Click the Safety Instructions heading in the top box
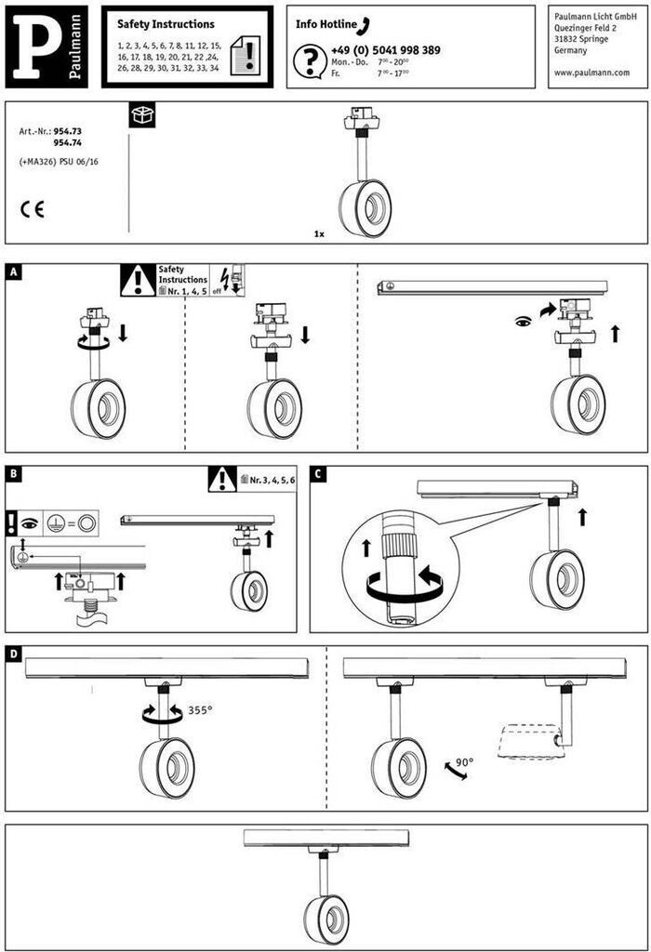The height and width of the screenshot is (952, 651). [x=166, y=24]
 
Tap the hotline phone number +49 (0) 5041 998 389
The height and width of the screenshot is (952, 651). [x=385, y=50]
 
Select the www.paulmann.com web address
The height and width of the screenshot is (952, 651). [x=591, y=73]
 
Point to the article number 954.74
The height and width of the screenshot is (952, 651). [x=68, y=144]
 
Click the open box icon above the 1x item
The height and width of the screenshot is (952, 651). [x=143, y=115]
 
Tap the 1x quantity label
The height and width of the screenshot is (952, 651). [x=319, y=234]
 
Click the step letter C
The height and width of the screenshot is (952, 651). [x=319, y=474]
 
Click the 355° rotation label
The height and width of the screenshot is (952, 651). [x=200, y=710]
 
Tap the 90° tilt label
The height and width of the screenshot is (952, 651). [x=464, y=762]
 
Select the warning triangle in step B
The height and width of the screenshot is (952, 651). [x=221, y=479]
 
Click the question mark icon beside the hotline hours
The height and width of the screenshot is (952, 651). [x=308, y=60]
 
